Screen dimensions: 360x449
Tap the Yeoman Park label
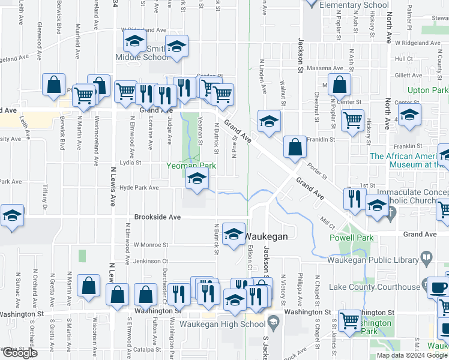[x=187, y=165]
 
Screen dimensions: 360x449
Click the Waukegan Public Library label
[x=373, y=260]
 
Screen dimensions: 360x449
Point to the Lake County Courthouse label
[x=372, y=287]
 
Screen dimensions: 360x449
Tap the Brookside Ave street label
[x=157, y=217]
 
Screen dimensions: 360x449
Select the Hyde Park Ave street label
[x=139, y=188]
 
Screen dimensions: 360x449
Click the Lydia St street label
[x=130, y=163]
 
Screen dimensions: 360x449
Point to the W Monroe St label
[x=151, y=245]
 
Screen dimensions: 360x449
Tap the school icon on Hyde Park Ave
[x=197, y=179]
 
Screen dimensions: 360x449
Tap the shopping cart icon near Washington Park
[x=349, y=320]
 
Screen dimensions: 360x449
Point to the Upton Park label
[x=427, y=91]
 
